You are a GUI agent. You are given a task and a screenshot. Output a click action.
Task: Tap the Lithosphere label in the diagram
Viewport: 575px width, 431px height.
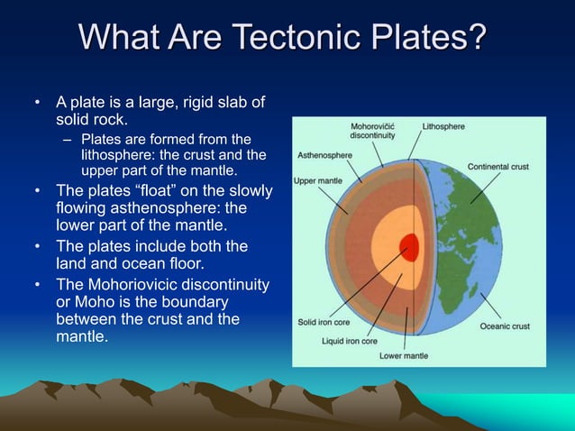tap(443, 127)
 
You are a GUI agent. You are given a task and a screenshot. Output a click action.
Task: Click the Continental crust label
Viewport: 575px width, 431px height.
tap(497, 167)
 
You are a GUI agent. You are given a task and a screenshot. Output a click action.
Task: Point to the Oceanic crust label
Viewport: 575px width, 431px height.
tap(504, 326)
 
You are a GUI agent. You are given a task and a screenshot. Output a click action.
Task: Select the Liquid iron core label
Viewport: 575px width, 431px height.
tap(351, 342)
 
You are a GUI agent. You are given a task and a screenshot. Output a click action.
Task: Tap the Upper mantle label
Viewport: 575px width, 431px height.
tap(316, 181)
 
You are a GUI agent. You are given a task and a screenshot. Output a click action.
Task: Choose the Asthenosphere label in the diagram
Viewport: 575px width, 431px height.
tap(325, 155)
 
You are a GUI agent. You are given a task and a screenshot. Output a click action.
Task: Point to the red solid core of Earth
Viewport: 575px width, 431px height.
tap(410, 244)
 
